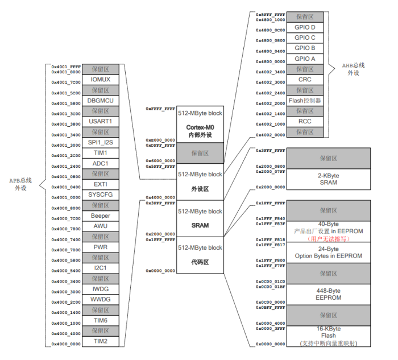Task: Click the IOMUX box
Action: [101, 80]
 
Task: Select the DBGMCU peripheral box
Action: [101, 101]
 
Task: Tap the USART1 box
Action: [101, 122]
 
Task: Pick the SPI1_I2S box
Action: [101, 143]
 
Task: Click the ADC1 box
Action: [101, 164]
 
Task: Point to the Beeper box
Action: [101, 216]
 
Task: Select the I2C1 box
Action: [101, 268]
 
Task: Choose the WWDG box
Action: [101, 300]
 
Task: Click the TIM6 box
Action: [101, 321]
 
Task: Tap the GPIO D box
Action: [305, 27]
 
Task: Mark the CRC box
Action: [305, 80]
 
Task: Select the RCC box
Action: [305, 121]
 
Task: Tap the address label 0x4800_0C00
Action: [270, 30]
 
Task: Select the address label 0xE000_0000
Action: [160, 139]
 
